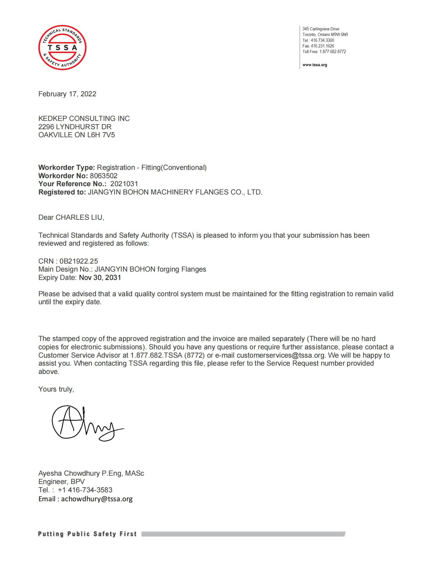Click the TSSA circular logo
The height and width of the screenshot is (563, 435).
pyautogui.click(x=62, y=47)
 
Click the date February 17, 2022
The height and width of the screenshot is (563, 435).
pyautogui.click(x=67, y=94)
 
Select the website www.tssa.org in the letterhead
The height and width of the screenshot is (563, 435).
pyautogui.click(x=315, y=65)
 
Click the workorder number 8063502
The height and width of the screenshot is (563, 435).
pyautogui.click(x=104, y=176)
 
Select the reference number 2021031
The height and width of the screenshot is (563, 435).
pyautogui.click(x=124, y=184)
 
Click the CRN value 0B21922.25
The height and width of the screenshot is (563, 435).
pyautogui.click(x=79, y=261)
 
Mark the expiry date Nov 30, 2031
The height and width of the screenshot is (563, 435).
pyautogui.click(x=100, y=277)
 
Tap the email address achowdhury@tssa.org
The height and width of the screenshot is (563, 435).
pyautogui.click(x=97, y=499)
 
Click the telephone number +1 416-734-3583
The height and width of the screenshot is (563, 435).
pyautogui.click(x=85, y=490)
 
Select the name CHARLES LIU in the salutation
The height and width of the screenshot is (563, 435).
pyautogui.click(x=80, y=218)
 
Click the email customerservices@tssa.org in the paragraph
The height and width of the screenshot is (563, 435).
pyautogui.click(x=281, y=355)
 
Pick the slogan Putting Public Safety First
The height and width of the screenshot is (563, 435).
pyautogui.click(x=87, y=534)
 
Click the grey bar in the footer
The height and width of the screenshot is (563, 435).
pyautogui.click(x=243, y=534)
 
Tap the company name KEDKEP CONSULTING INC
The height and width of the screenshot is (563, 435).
pyautogui.click(x=84, y=119)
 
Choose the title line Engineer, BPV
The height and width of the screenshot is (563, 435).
pyautogui.click(x=61, y=482)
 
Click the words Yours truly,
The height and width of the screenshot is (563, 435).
pyautogui.click(x=56, y=389)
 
